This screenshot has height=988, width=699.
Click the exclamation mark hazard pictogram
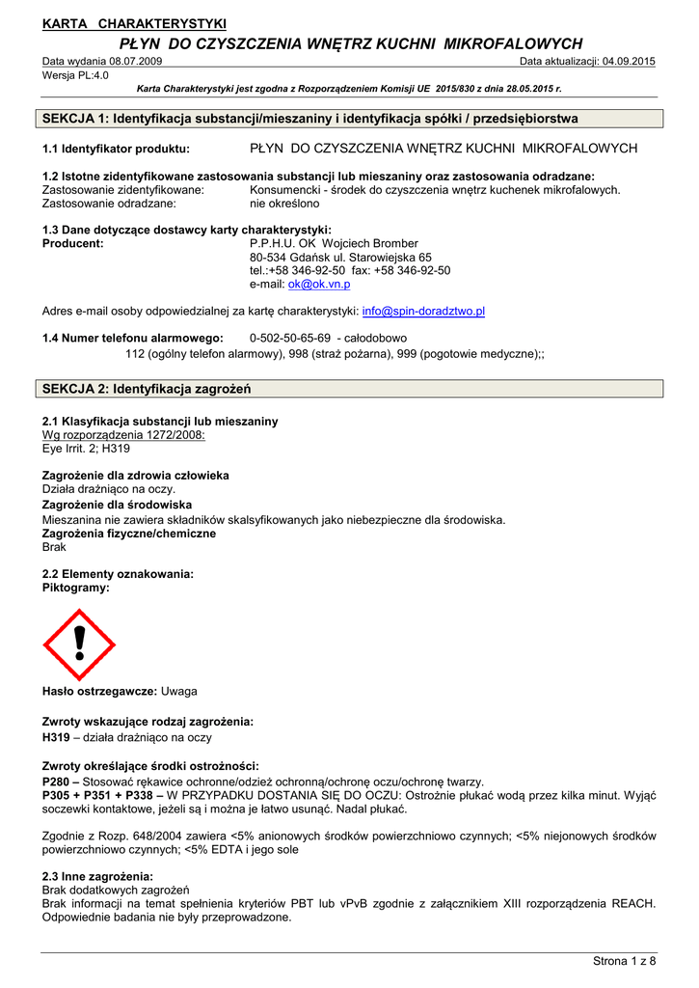pos(79,645)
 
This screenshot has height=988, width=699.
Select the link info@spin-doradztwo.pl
pos(423,312)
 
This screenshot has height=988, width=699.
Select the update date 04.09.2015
pos(629,62)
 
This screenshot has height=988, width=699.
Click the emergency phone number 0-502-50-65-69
pos(290,339)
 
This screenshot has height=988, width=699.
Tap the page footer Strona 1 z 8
pos(624,961)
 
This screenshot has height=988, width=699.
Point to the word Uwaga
pos(179,692)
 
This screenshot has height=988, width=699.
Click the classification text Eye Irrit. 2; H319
pos(87,449)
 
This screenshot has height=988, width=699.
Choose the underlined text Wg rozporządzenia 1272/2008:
pos(124,435)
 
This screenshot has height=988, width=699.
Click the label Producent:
pos(73,244)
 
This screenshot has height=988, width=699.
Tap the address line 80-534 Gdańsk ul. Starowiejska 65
pos(340,258)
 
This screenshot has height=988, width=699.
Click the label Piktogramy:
pos(76,587)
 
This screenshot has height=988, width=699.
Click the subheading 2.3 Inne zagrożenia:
pos(98,876)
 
